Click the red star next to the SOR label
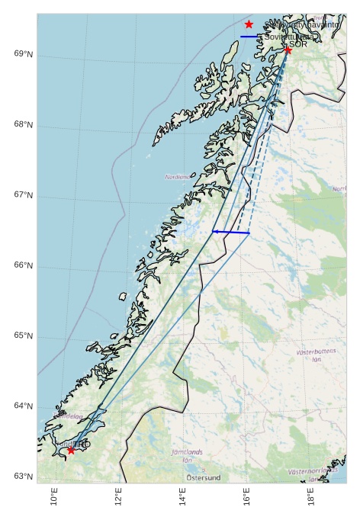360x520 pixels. [288, 50]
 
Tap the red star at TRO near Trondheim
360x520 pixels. [71, 450]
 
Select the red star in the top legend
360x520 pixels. [249, 24]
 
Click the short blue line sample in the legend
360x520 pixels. [249, 37]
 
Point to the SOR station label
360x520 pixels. [298, 44]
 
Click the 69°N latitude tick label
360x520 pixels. [23, 54]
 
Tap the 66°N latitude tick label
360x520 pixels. [23, 265]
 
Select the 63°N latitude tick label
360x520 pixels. [23, 477]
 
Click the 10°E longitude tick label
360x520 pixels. [54, 496]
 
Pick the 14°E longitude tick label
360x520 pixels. [182, 496]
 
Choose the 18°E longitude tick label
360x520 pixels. [311, 496]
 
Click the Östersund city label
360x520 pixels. [204, 478]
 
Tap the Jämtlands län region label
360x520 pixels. [187, 456]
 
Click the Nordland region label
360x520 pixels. [177, 177]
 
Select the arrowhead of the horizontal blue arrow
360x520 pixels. [214, 231]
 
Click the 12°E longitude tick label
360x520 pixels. [118, 496]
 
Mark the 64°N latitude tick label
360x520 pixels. [23, 406]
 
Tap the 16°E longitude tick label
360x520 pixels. [246, 496]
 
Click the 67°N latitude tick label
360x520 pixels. [23, 195]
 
